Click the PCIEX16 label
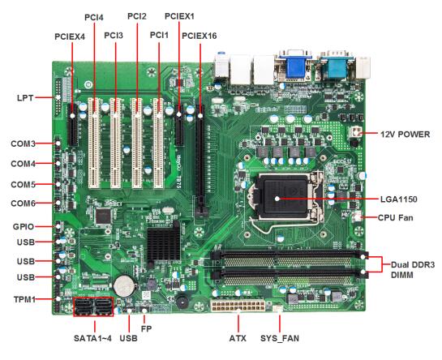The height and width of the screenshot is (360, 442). [x=200, y=36]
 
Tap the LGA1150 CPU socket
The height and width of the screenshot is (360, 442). [x=285, y=197]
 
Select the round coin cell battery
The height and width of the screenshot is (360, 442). [x=125, y=285]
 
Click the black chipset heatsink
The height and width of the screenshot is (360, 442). [x=164, y=243]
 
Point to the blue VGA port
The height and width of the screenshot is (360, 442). [x=295, y=66]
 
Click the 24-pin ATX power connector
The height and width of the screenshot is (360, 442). [x=238, y=305]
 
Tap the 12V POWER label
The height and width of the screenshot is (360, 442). [x=405, y=135]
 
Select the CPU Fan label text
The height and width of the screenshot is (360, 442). [x=395, y=217]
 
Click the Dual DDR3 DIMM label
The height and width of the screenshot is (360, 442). [x=413, y=270]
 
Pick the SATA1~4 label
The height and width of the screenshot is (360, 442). [x=92, y=338]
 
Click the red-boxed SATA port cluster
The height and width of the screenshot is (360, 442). [x=93, y=306]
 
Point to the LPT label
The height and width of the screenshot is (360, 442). [x=25, y=98]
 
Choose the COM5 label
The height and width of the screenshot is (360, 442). [x=24, y=184]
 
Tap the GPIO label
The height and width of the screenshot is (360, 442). [x=24, y=227]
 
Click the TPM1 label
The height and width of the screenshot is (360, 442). [x=25, y=299]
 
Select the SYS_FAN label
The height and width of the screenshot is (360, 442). [x=280, y=338]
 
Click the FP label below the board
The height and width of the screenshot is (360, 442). [x=146, y=328]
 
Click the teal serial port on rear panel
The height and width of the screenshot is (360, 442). [x=334, y=66]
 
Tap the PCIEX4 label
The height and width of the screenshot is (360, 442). [x=70, y=36]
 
